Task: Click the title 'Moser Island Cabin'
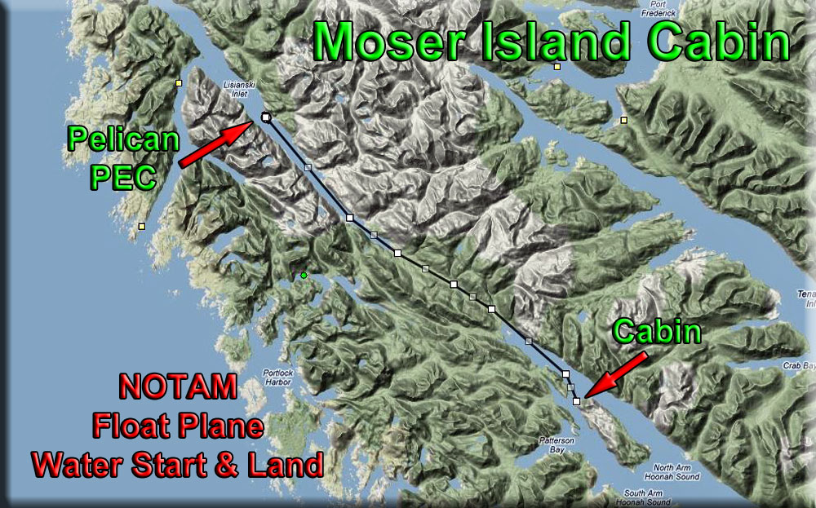click(552, 41)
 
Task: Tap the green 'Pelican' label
click(123, 139)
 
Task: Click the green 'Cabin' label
click(659, 331)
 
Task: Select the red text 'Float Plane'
click(177, 426)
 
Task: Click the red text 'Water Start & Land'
click(177, 465)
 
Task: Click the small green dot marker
click(304, 276)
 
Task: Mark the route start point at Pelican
click(265, 117)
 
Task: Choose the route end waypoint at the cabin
click(576, 401)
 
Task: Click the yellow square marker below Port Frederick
click(557, 67)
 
